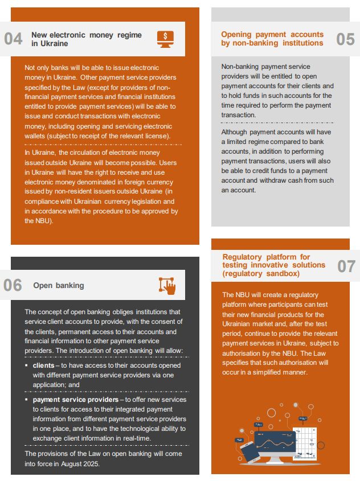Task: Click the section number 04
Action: click(13, 39)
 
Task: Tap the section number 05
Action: click(345, 39)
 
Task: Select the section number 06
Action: click(13, 285)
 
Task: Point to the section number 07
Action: click(346, 266)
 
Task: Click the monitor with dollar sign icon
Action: click(165, 38)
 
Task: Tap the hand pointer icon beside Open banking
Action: click(167, 285)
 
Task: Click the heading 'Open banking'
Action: click(58, 285)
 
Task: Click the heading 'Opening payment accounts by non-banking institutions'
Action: click(272, 39)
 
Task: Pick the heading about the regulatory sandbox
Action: click(274, 265)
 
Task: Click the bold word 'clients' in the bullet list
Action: click(43, 365)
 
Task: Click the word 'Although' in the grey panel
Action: click(234, 132)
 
